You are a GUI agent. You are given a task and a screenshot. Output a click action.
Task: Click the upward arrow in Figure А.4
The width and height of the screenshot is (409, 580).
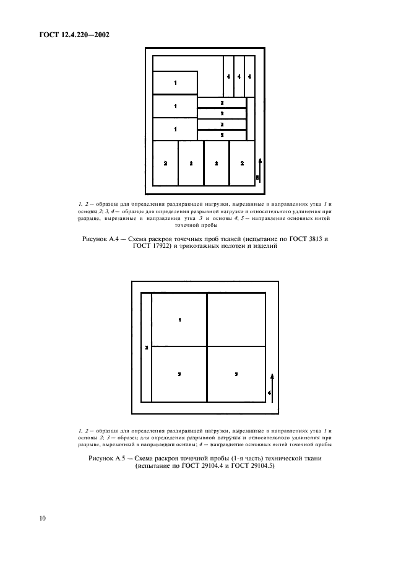[260, 169]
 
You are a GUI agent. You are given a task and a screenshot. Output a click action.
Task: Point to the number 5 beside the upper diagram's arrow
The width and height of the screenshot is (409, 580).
[257, 178]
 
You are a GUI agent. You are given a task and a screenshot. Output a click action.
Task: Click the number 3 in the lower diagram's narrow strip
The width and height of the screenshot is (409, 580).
[146, 348]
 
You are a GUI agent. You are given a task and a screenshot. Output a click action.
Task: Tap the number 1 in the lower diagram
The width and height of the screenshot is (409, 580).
[179, 320]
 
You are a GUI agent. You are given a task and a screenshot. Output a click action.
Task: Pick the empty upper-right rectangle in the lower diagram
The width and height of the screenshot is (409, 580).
[236, 320]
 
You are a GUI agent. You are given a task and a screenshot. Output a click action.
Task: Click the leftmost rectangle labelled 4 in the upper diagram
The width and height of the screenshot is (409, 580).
[228, 76]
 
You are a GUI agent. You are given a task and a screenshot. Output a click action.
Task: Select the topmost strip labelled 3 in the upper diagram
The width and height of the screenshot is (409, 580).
[222, 102]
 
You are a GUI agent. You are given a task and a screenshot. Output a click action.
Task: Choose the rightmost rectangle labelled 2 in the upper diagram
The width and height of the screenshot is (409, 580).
[242, 163]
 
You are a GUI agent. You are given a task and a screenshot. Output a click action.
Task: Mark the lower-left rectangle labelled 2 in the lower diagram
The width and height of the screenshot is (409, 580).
[179, 374]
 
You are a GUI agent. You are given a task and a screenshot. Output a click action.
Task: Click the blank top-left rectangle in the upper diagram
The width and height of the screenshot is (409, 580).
[187, 63]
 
